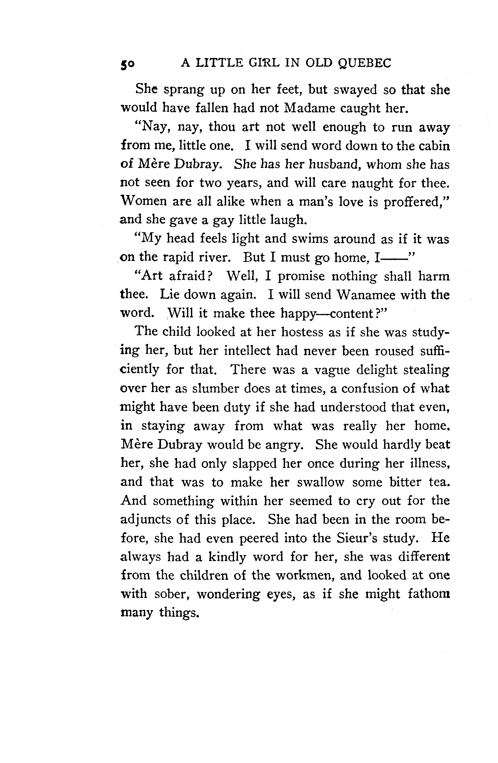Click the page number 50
127,64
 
